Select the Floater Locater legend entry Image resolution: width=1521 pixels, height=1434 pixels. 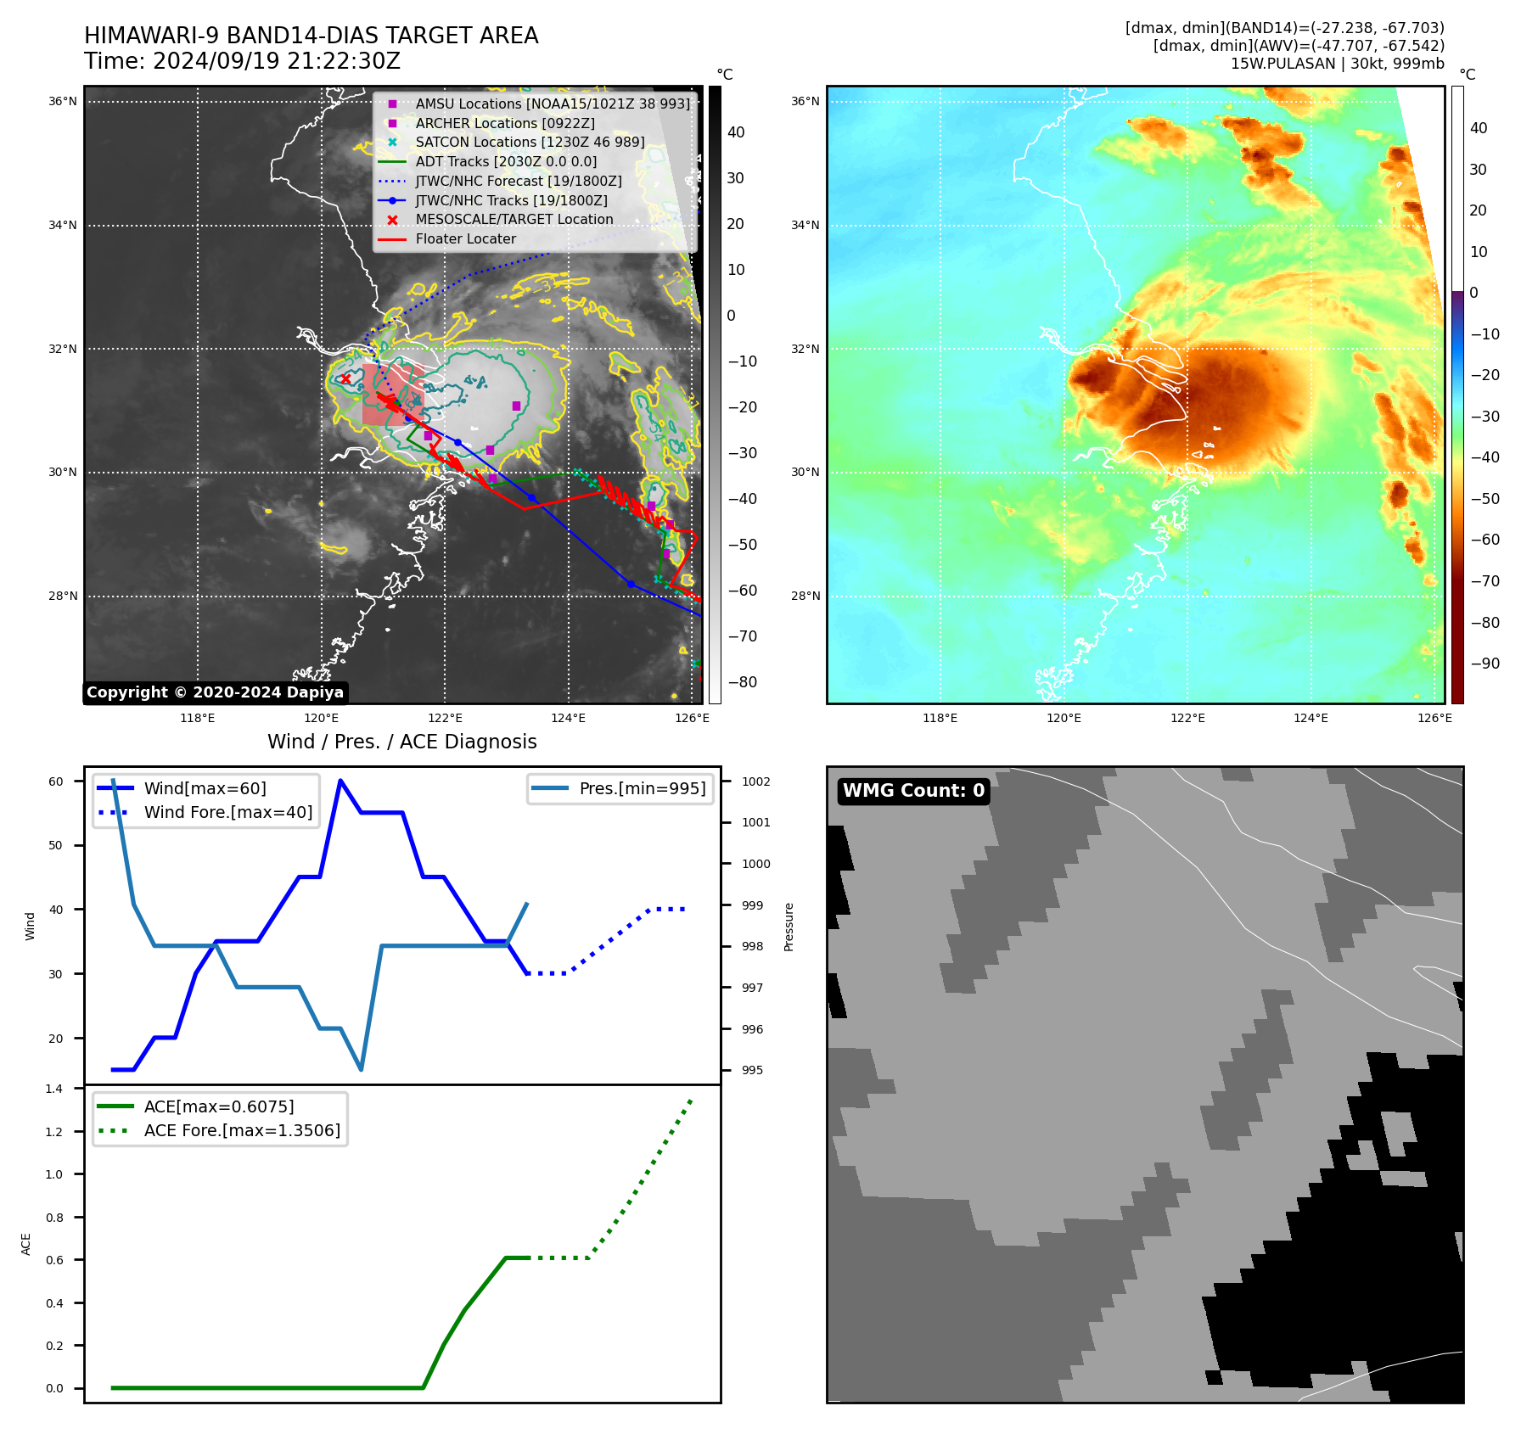pos(465,239)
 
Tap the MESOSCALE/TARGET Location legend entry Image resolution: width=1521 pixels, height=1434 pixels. pos(514,220)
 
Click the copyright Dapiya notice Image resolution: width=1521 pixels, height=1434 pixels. pos(216,692)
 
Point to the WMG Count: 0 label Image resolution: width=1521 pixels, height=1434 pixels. pos(913,791)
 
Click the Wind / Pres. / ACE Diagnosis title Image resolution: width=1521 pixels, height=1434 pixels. pos(401,742)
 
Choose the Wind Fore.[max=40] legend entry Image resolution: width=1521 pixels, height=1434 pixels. pos(227,813)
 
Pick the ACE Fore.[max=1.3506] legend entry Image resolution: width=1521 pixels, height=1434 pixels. pos(242,1131)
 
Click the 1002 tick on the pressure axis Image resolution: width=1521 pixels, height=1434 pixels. pos(755,781)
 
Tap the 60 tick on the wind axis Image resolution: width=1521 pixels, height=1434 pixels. pos(56,781)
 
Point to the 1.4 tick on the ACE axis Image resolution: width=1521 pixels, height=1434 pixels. pos(54,1089)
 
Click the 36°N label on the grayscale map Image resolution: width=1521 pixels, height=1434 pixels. pos(62,102)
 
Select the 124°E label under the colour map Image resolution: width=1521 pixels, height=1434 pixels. pos(1311,718)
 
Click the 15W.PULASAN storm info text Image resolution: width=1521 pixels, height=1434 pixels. pos(1337,64)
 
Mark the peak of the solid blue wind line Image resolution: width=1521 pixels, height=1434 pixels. pos(340,781)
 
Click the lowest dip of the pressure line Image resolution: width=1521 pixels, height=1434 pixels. pos(361,1069)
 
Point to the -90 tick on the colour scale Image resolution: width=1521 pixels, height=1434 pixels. pos(1485,664)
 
